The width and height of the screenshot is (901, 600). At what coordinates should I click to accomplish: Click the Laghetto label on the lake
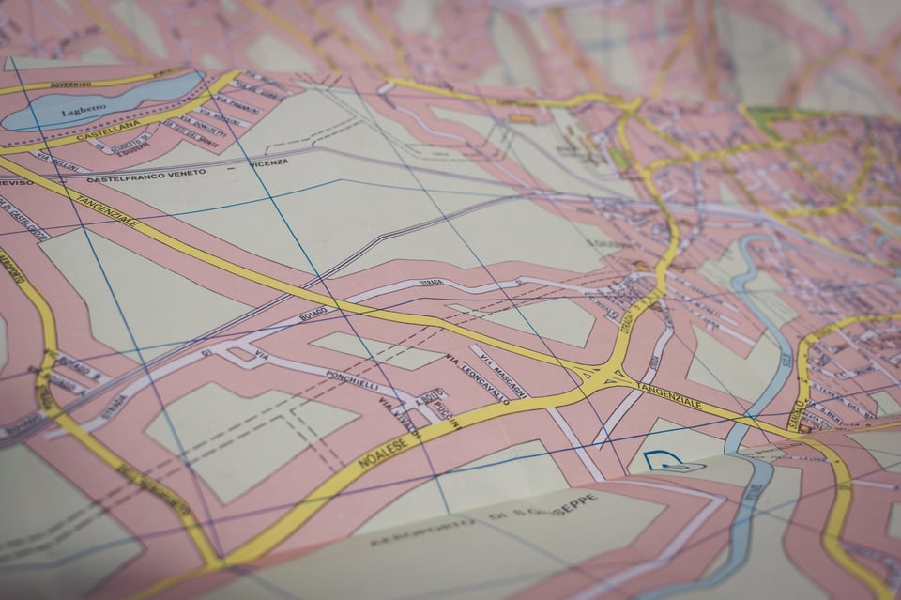[84, 111]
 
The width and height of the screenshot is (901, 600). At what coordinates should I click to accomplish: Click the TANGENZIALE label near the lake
[108, 209]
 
